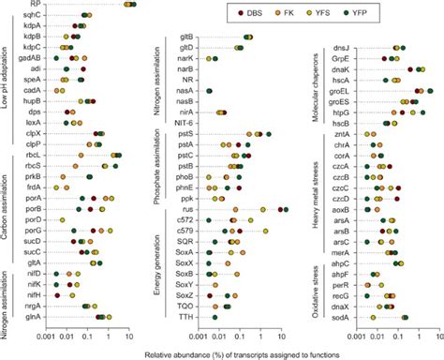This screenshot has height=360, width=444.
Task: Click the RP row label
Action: (x=35, y=5)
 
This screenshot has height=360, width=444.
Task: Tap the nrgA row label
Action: (x=31, y=307)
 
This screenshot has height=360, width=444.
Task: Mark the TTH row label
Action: (x=185, y=317)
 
